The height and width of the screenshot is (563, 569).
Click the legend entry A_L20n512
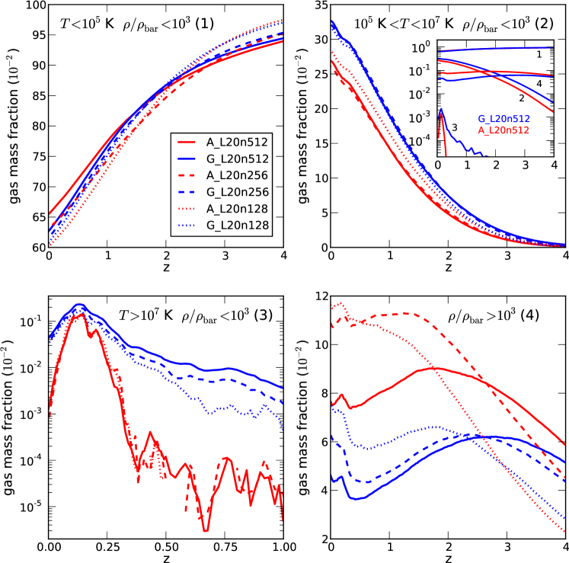(230, 142)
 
